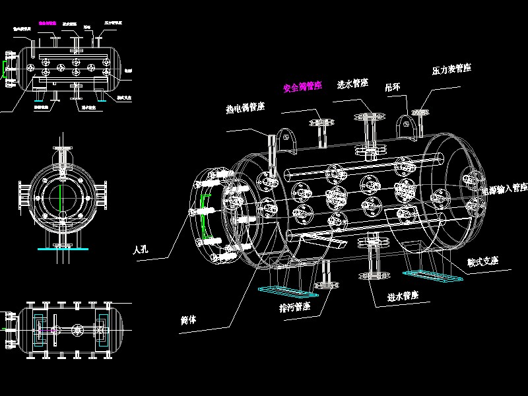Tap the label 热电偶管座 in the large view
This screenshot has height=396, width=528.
245,108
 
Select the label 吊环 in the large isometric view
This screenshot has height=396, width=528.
393,86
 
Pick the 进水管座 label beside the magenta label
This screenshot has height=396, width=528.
352,84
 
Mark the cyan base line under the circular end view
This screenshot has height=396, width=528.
60,249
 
